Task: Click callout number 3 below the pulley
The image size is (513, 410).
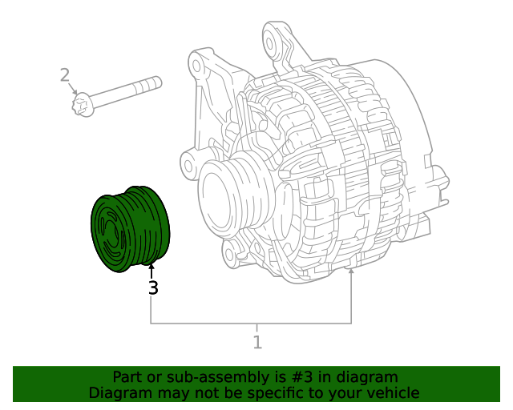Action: (152, 288)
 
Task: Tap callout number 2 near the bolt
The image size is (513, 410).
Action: (65, 76)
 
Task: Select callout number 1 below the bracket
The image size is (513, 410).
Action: (257, 343)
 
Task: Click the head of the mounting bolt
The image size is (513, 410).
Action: (83, 104)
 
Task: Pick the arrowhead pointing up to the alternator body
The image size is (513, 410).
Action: (351, 274)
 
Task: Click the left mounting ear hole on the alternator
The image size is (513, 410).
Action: (189, 166)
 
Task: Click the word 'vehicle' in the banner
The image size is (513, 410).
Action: (392, 392)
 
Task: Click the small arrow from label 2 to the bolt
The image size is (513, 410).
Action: (73, 89)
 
